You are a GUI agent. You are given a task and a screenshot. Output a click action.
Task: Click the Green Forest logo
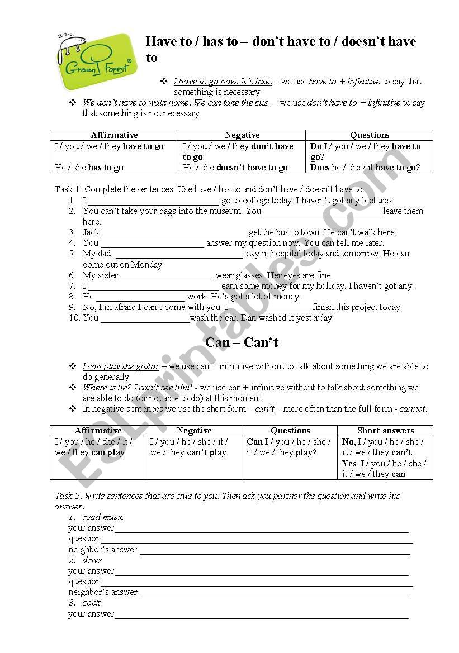click(x=96, y=61)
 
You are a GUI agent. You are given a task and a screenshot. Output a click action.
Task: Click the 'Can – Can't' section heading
click(x=242, y=342)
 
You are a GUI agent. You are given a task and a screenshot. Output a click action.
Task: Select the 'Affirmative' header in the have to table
click(x=114, y=135)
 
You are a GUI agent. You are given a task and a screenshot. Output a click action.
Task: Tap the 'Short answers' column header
click(x=385, y=431)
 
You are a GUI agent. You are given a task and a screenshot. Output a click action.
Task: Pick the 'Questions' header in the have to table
click(x=370, y=135)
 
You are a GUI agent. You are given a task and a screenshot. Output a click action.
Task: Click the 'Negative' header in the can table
click(x=194, y=431)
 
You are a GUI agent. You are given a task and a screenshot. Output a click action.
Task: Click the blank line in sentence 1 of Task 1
click(x=153, y=201)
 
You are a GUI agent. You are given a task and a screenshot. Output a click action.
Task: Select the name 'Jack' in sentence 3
click(x=91, y=232)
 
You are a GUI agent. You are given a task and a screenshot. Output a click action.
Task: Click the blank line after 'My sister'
click(x=167, y=276)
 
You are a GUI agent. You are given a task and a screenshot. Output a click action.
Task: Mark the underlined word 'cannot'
click(x=413, y=409)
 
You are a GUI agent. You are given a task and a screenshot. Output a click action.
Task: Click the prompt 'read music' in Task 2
click(x=103, y=517)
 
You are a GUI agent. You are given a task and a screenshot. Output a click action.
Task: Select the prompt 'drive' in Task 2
click(x=92, y=560)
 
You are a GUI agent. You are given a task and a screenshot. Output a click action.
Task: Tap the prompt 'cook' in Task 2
click(x=92, y=603)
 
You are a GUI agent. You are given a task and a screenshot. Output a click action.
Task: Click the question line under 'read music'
click(x=257, y=540)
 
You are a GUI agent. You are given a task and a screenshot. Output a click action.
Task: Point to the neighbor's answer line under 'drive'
click(x=275, y=594)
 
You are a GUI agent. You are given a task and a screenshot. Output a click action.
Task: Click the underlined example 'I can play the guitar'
click(x=121, y=366)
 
